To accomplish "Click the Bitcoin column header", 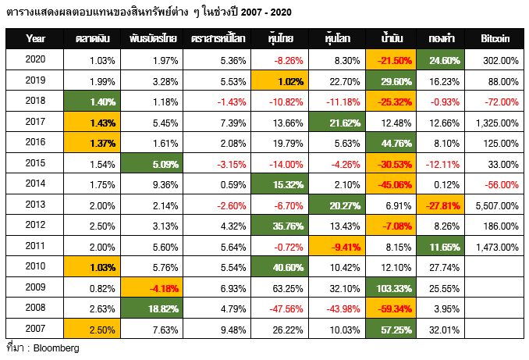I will (496, 38).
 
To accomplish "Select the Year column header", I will (35, 38).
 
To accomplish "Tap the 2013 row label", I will (35, 205).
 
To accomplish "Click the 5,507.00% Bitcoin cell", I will (496, 205).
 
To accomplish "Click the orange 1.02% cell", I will (280, 79).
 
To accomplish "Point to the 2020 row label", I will (35, 59).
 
